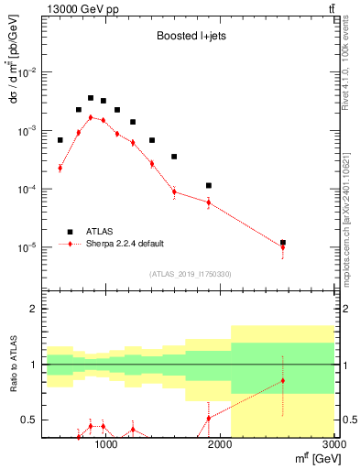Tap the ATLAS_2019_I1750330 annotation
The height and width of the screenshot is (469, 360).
pos(189,274)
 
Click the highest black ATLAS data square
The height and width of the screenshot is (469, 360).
pos(91,98)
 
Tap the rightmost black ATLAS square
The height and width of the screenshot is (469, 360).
pos(283,243)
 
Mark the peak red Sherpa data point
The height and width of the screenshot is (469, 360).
pos(91,117)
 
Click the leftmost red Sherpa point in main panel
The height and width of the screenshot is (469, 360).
pos(60,168)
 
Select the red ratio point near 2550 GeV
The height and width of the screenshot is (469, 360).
pos(283,380)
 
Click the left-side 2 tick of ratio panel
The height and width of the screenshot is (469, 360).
pos(32,309)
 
